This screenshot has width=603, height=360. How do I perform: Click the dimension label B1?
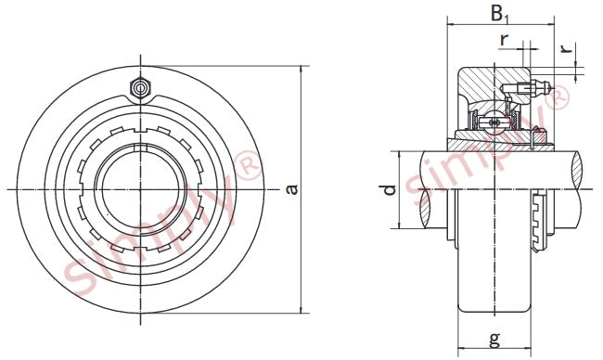[x=499, y=14]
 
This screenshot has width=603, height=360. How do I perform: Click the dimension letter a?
[x=292, y=189]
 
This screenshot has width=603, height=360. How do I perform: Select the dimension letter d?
[x=390, y=190]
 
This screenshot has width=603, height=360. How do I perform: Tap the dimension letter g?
[x=495, y=339]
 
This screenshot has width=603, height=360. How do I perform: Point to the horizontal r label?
[x=504, y=39]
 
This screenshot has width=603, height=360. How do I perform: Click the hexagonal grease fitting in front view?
[x=140, y=89]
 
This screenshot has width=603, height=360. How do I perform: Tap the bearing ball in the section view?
[x=494, y=122]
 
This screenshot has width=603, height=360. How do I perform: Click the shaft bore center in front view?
[x=141, y=189]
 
